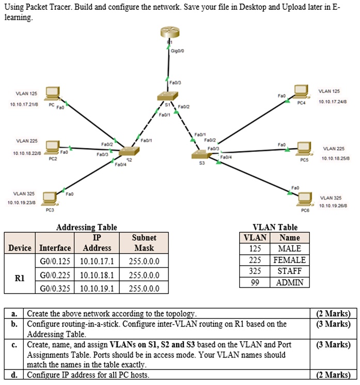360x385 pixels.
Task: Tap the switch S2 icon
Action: tap(127, 151)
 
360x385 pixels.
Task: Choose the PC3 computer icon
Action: tap(50, 197)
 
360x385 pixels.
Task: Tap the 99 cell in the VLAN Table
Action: tap(254, 282)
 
